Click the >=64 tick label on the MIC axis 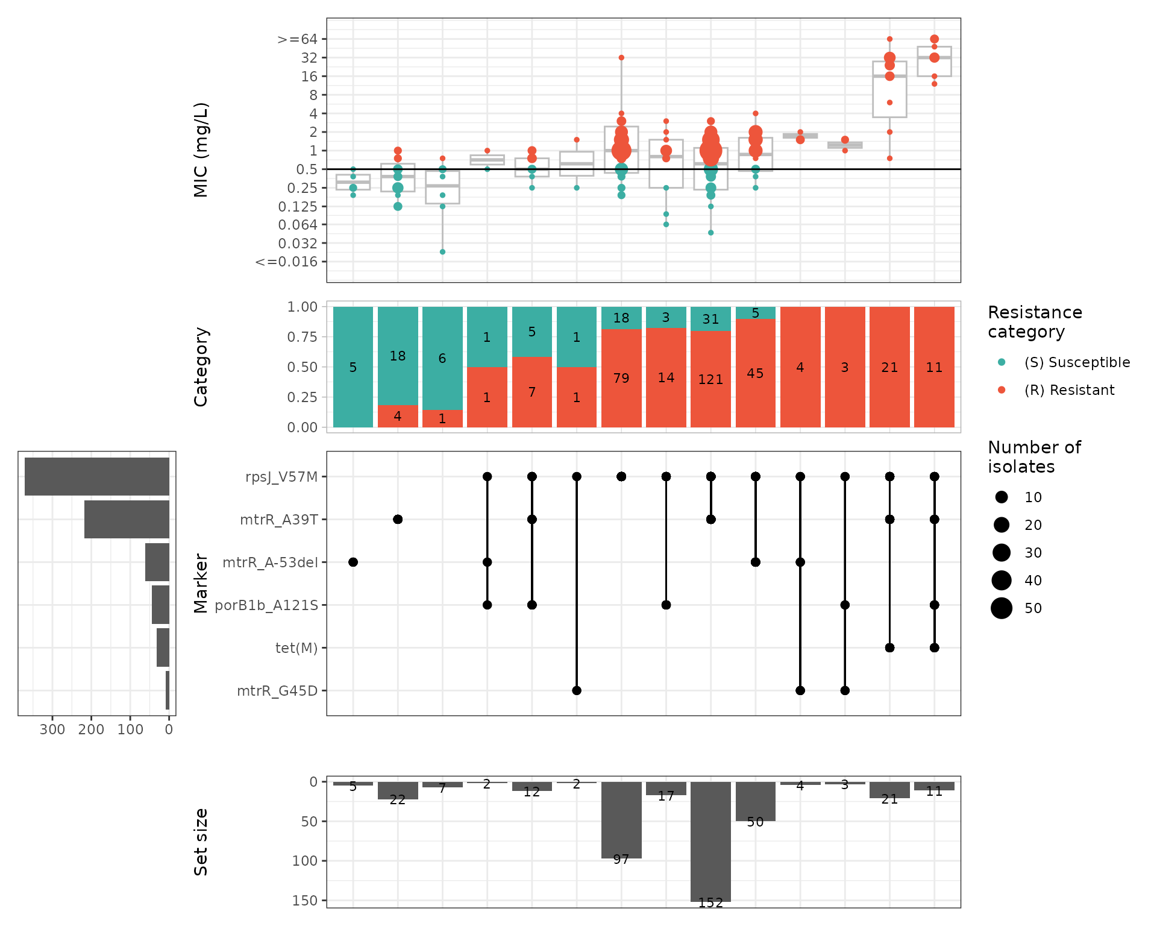297,40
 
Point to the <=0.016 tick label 286,262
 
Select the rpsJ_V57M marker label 281,477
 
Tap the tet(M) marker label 296,648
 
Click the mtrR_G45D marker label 277,691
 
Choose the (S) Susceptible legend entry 1077,362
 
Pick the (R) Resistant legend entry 1069,390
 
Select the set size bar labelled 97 621,820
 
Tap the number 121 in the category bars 710,380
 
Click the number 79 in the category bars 621,378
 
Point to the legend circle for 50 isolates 1002,608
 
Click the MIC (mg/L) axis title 201,150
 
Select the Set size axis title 201,842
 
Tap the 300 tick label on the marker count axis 52,729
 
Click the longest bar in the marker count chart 97,477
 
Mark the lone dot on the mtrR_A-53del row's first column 353,562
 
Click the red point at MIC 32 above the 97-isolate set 621,58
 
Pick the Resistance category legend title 1035,322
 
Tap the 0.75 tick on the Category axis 302,337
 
